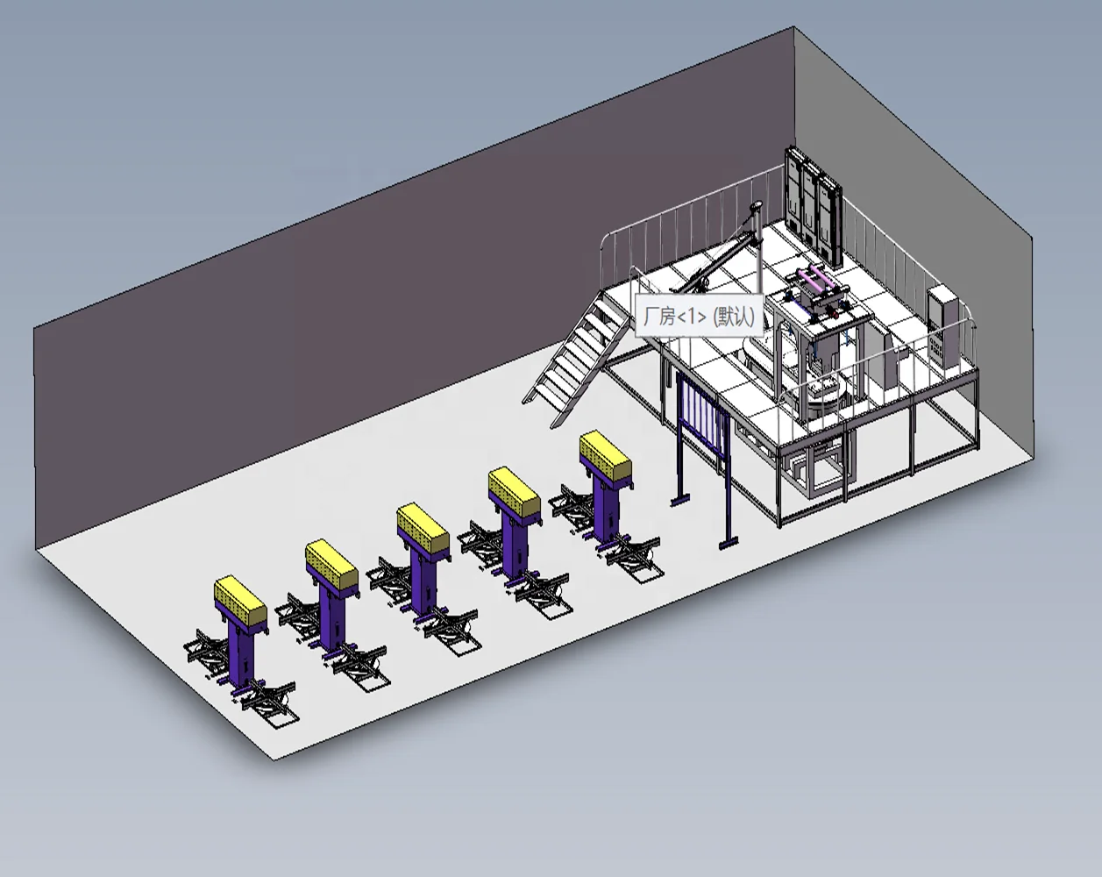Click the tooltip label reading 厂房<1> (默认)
point(699,317)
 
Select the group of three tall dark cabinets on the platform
point(814,201)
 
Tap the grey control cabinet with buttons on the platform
point(945,325)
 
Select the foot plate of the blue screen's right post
point(729,545)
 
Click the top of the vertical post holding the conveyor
point(755,204)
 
